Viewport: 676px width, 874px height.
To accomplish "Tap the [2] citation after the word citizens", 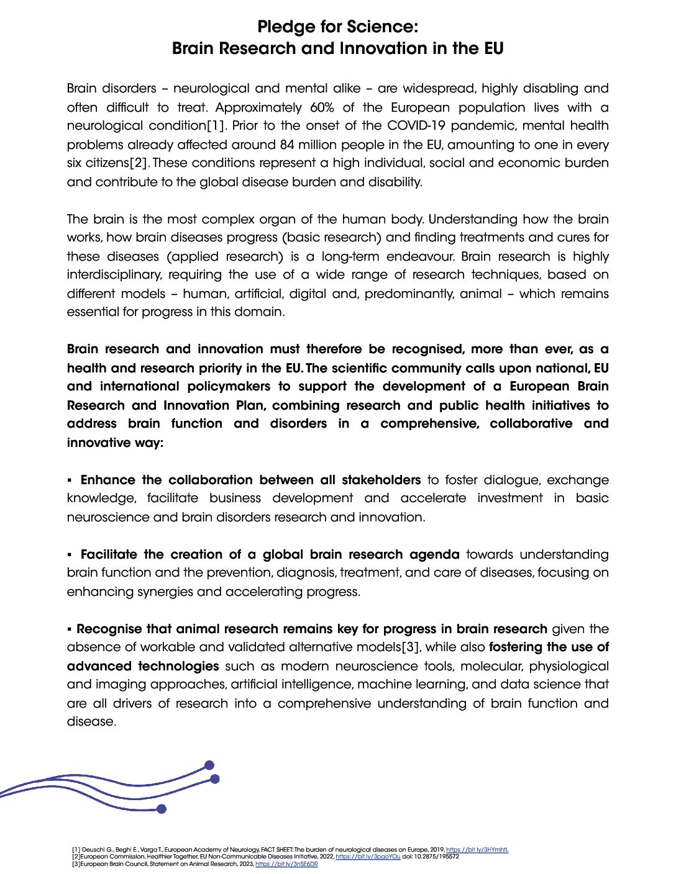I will (x=140, y=163).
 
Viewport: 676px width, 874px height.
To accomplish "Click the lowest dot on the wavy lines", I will (x=162, y=809).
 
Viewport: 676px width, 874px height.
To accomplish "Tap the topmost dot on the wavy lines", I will (x=209, y=765).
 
